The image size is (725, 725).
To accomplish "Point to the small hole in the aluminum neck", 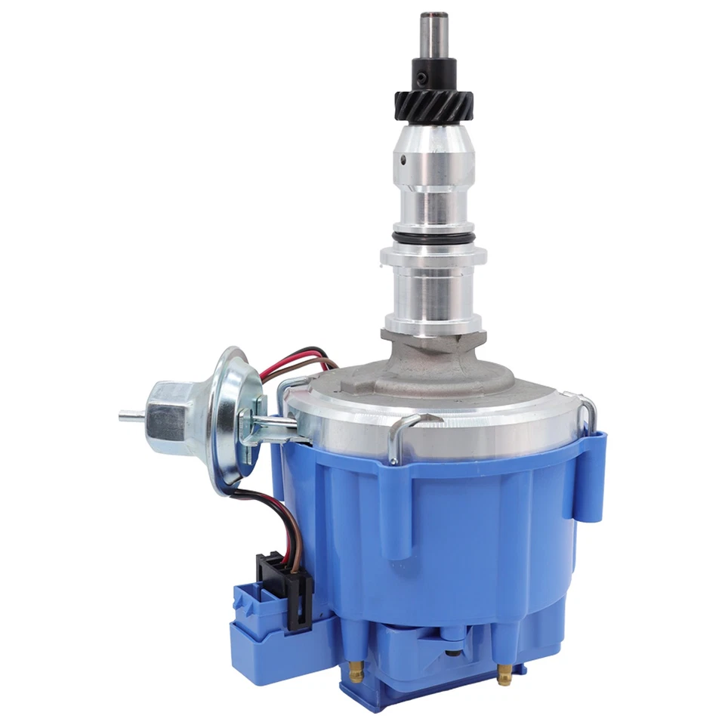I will (x=404, y=159).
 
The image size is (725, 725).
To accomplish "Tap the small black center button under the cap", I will (x=452, y=654).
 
